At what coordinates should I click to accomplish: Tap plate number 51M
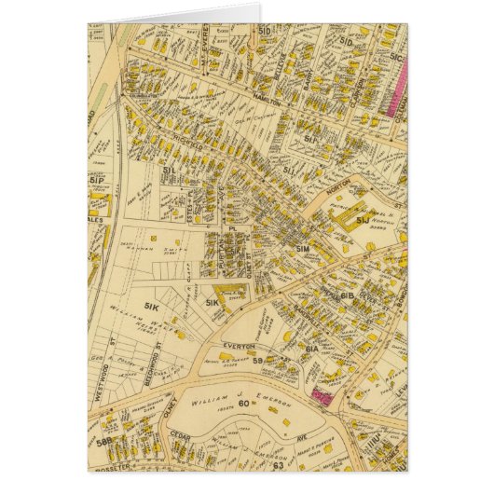pyautogui.click(x=301, y=252)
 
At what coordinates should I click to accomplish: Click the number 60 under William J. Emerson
pyautogui.click(x=244, y=403)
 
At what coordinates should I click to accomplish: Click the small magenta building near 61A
pyautogui.click(x=322, y=397)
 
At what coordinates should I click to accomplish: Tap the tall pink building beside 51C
pyautogui.click(x=400, y=84)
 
